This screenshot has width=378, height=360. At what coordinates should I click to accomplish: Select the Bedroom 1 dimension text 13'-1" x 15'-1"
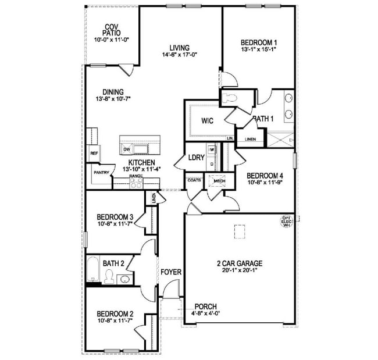259,50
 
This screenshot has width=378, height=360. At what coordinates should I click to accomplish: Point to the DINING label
113,92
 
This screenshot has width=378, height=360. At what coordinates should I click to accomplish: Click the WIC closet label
207,122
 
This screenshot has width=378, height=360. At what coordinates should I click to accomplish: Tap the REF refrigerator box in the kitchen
93,153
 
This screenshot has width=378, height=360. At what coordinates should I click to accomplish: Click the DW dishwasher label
126,149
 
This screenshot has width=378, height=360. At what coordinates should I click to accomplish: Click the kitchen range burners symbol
136,182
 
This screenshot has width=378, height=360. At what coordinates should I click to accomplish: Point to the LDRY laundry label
195,158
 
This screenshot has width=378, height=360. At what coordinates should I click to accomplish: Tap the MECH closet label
219,180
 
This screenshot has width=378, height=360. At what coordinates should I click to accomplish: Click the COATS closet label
194,180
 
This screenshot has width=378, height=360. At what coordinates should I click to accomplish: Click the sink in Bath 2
124,280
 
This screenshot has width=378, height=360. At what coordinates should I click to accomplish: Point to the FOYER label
171,272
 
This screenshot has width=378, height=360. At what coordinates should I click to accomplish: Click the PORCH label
206,306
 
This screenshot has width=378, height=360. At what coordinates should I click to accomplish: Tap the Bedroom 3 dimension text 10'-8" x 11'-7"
115,225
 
